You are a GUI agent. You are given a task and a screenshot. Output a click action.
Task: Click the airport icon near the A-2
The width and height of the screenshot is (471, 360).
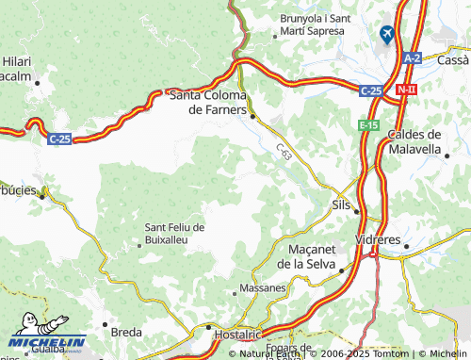pos(385,34)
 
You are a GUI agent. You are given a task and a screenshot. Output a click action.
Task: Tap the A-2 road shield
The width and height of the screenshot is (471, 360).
pos(413,58)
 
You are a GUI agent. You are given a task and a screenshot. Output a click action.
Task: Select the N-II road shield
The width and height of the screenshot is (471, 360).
pos(407,90)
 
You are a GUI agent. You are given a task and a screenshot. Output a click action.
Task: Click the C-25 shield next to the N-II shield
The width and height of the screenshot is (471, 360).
pos(371,90)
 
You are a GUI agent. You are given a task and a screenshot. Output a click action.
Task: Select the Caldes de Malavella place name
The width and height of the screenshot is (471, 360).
pos(421,141)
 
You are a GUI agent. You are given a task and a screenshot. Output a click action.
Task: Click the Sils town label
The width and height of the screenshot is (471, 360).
pos(342,204)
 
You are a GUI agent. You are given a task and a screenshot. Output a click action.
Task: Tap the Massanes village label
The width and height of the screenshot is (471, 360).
pos(263,287)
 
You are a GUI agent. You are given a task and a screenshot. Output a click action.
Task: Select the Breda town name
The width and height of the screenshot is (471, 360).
pos(126,332)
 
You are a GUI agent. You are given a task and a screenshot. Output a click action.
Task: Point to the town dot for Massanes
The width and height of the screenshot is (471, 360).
pos(235,293)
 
